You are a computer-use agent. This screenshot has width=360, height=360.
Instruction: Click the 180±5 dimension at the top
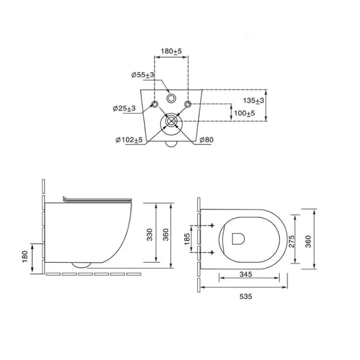pos(171,51)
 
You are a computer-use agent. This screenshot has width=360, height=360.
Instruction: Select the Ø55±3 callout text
pos(143,75)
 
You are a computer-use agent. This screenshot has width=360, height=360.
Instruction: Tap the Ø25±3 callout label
pos(124,108)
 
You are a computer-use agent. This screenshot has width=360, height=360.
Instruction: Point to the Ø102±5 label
pos(129,140)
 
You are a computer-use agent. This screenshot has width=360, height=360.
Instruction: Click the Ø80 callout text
pos(206,140)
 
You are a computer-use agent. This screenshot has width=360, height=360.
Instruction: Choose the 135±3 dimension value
pos(253,100)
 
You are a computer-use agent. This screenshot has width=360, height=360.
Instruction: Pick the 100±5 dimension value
pos(244,113)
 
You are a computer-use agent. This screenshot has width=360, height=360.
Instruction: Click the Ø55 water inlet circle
pos(171,98)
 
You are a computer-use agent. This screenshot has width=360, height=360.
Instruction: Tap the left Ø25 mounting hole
pos(155,104)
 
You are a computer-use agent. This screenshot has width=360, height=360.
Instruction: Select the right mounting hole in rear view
pos(188,104)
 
